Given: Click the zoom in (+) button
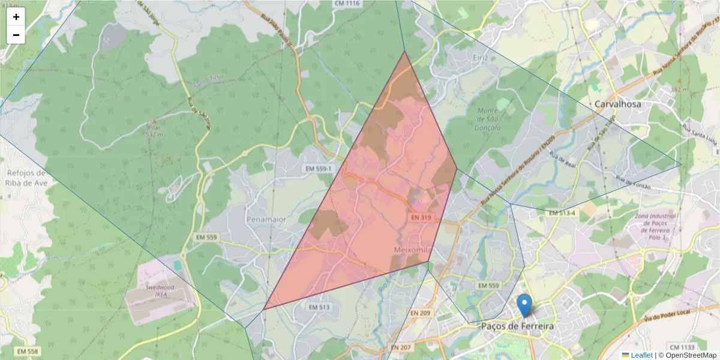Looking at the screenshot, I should [x=16, y=17].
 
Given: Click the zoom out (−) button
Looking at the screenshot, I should [x=16, y=35].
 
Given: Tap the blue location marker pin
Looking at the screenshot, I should [x=524, y=305].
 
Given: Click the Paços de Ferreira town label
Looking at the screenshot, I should [x=517, y=326].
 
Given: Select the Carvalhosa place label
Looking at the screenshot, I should [x=617, y=104].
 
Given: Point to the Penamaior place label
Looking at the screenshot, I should [x=266, y=220].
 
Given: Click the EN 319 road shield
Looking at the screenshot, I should [x=422, y=217].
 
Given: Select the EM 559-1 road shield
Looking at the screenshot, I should [x=318, y=170].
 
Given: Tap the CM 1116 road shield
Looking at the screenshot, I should [x=347, y=4].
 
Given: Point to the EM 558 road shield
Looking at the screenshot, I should [x=28, y=351].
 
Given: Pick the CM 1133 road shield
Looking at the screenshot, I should [x=682, y=347].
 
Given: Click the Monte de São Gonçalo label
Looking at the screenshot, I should [x=487, y=119].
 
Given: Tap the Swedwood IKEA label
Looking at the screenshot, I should [x=159, y=290].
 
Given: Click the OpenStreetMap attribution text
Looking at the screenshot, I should [x=687, y=355].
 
